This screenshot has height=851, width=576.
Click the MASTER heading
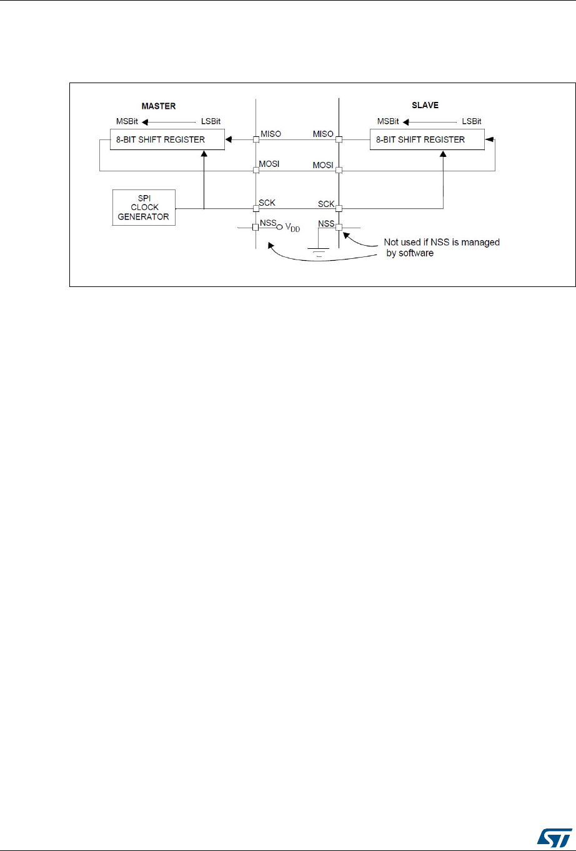point(159,106)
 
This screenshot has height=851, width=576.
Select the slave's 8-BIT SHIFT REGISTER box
point(427,139)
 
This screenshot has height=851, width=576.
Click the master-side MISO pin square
point(256,139)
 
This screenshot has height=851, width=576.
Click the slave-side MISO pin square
point(339,139)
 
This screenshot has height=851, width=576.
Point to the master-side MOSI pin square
point(256,170)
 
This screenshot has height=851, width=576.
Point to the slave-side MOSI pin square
point(339,170)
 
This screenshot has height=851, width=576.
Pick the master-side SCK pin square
point(256,209)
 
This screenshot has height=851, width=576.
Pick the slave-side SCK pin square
point(339,209)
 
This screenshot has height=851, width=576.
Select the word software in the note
point(415,254)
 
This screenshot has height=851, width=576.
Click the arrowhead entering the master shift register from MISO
point(228,139)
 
